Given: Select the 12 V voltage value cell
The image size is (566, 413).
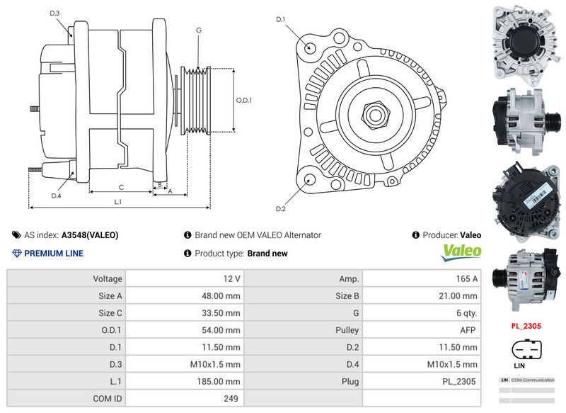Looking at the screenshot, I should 231,279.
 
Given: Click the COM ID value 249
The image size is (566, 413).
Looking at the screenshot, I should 231,399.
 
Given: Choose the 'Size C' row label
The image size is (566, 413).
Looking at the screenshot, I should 110,313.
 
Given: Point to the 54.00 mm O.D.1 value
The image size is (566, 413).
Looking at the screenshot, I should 222,330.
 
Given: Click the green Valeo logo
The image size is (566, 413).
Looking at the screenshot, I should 461,251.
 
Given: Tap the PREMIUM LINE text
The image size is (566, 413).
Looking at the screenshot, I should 54,254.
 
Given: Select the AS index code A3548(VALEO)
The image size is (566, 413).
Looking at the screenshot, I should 90,235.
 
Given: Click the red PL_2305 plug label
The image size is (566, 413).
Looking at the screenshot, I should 526,327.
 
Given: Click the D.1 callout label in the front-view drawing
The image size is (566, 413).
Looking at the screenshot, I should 280,19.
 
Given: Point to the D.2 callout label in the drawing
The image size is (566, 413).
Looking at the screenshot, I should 280,209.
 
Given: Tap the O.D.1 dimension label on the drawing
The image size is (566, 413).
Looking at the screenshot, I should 243,100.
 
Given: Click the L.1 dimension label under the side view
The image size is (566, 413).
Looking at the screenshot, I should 118,202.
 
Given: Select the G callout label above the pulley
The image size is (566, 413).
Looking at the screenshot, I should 199,30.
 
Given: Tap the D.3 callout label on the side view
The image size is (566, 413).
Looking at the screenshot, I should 55,13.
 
